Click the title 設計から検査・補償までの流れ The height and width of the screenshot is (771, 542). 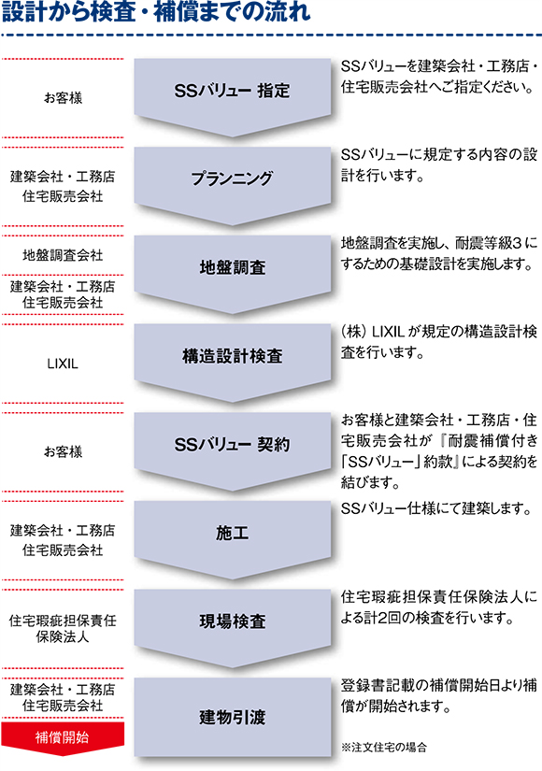coord(156,12)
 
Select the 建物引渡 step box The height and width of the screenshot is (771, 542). coord(232,717)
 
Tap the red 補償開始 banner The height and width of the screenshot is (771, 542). coord(63,738)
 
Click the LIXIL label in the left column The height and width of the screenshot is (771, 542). coord(63,364)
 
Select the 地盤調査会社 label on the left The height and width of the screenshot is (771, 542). coord(63,255)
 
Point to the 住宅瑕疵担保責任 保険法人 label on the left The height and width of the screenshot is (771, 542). coord(63,628)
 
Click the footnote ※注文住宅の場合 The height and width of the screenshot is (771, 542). coord(384,748)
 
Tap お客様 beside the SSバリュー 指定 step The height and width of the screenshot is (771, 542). coord(63,98)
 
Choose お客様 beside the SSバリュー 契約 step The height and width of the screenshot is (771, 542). coord(63,452)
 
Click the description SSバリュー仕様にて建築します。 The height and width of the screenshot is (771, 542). coord(436,508)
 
